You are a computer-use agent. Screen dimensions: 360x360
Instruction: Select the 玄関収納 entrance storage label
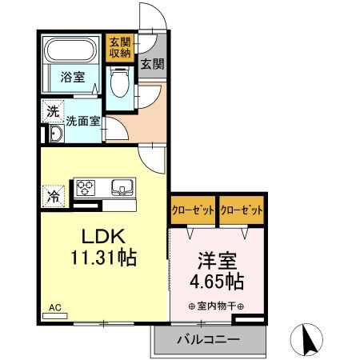point(118,48)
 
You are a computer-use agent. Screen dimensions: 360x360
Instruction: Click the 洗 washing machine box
point(52,112)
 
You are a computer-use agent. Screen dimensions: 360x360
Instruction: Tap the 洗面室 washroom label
point(82,122)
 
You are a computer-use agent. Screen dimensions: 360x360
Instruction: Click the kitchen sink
point(122,189)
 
